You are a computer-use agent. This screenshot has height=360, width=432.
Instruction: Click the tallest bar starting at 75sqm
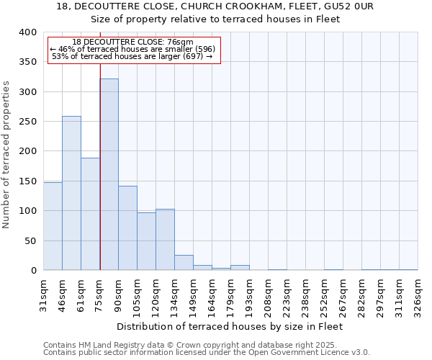(109, 174)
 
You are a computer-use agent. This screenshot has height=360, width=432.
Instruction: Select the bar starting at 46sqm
(71, 193)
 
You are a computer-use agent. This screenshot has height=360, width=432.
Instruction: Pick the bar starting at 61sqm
(90, 214)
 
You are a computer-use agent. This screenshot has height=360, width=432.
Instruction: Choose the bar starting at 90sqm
(127, 228)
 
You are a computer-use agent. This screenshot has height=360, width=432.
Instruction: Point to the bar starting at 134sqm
(184, 263)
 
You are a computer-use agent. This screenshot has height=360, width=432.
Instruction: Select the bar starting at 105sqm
(146, 241)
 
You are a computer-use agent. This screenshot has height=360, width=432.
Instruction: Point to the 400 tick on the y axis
(27, 32)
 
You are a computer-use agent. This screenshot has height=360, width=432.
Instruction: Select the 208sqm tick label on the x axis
(268, 294)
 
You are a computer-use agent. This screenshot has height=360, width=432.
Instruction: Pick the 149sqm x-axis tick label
(193, 294)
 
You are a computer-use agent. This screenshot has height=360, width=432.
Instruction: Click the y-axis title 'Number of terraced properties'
(7, 154)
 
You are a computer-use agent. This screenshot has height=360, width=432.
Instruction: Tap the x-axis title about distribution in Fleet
(229, 326)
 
